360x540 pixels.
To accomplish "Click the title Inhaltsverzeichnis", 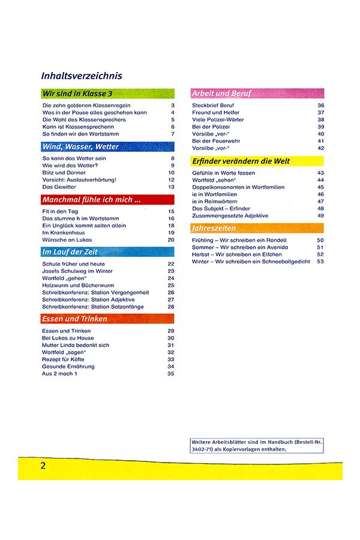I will pos(82,76).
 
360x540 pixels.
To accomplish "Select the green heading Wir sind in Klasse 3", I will pos(77,94).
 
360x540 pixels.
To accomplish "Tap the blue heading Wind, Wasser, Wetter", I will pos(81,146).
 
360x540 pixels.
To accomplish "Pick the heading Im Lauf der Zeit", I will pos(70,252).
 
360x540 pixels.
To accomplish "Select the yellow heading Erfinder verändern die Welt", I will pos(241,161).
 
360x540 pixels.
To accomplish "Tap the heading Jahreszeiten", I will pos(214,229).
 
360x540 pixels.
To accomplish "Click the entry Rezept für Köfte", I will pos(67,359).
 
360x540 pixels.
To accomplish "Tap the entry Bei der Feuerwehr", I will pos(216,141).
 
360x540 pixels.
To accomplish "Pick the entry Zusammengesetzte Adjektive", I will pos(230,215).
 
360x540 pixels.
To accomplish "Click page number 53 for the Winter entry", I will pos(320,261).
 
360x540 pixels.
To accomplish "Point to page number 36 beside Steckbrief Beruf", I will pos(321,105).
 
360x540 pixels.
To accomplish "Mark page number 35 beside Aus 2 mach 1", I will pos(170,374).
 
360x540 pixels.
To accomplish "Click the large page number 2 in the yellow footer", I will pos(43,466).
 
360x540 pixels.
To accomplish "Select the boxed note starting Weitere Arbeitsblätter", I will pos(257,445).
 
